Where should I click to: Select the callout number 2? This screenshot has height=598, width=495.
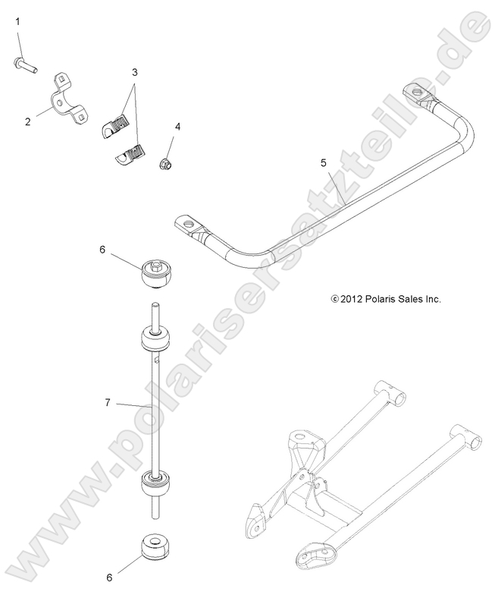point(28,121)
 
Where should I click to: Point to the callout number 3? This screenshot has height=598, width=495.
point(135,73)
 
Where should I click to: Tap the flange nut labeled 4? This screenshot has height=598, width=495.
point(167,162)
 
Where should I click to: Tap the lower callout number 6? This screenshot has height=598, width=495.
point(108,577)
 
